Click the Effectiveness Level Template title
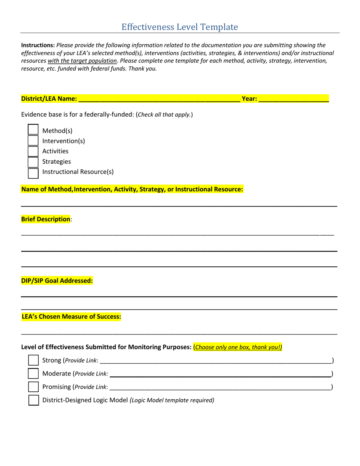(180, 27)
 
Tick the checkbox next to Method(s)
(33, 130)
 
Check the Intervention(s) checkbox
(33, 141)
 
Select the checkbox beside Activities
(33, 151)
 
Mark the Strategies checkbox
(33, 162)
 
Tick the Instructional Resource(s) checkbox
(33, 173)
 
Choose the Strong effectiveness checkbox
(33, 360)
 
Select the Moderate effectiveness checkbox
(33, 374)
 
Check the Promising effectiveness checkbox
(33, 387)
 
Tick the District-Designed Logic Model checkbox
(33, 400)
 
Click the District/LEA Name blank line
(159, 99)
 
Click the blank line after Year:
(294, 99)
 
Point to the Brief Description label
(45, 219)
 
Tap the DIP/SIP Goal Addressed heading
(57, 281)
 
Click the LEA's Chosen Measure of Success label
(71, 316)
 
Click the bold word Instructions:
(38, 45)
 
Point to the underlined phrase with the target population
(82, 61)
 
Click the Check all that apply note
(164, 114)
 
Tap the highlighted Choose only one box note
(238, 347)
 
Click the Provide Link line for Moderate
(220, 374)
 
